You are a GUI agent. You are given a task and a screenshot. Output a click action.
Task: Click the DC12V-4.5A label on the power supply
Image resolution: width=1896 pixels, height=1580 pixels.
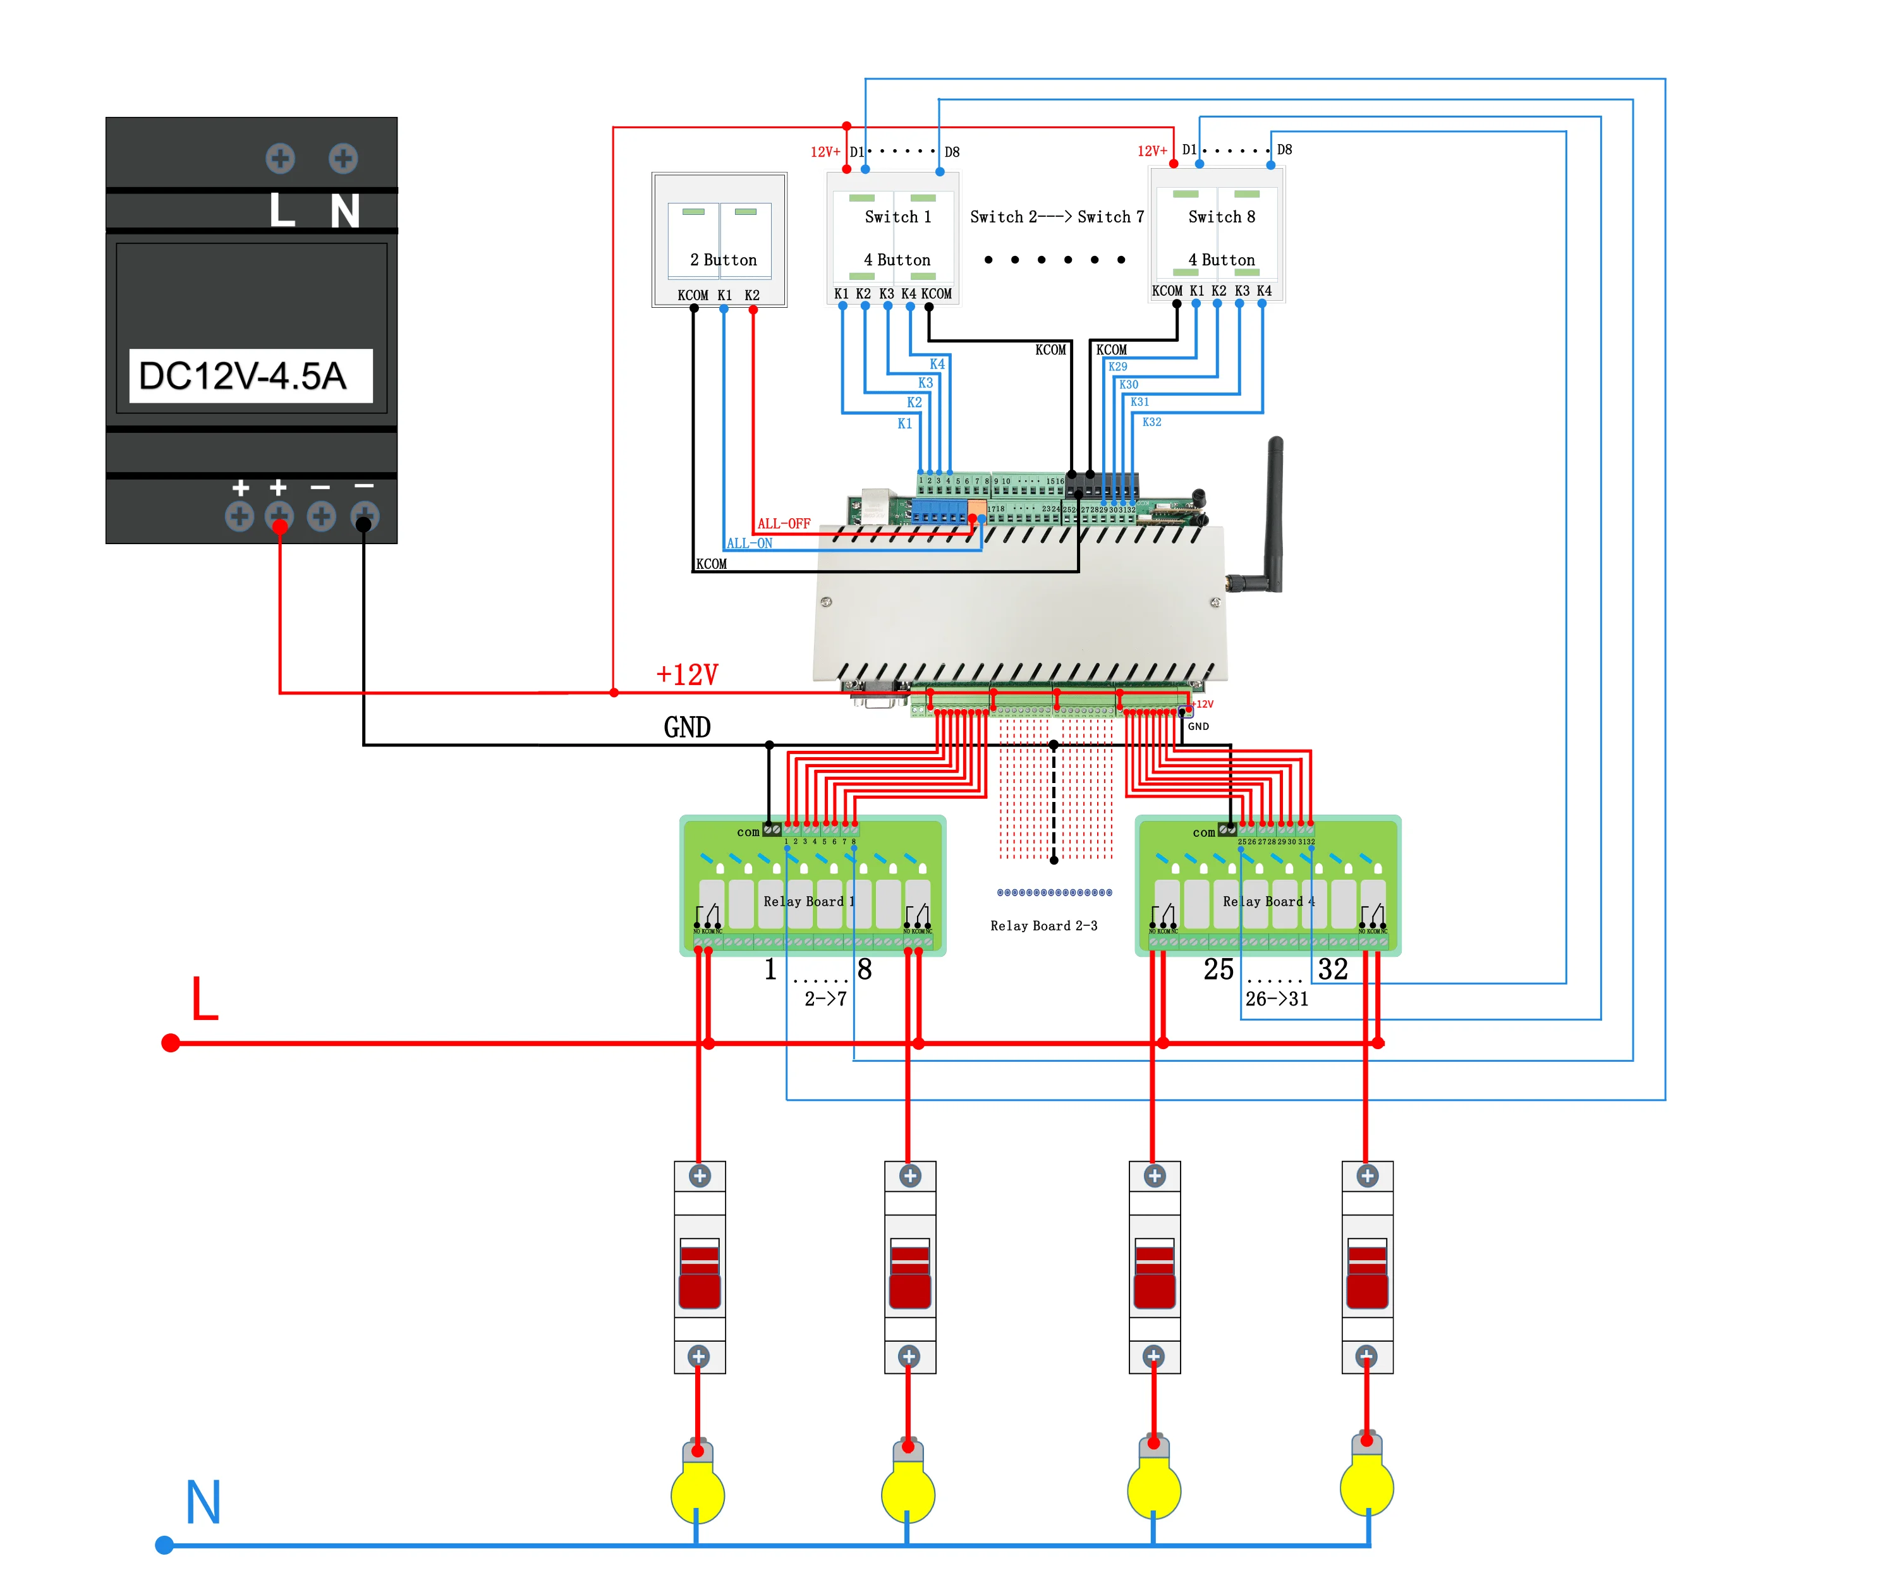click(244, 375)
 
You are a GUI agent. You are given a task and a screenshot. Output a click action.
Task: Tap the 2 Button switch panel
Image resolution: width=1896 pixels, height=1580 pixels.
click(720, 240)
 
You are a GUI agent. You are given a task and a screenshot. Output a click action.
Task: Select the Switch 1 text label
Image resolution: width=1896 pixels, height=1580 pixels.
click(897, 217)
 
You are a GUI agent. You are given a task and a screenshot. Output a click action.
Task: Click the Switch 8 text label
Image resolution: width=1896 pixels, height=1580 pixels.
click(1222, 217)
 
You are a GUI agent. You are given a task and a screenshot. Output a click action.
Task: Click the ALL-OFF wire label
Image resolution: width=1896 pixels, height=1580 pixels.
click(784, 524)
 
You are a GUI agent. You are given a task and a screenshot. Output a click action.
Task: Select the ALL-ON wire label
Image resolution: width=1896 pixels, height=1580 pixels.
click(750, 544)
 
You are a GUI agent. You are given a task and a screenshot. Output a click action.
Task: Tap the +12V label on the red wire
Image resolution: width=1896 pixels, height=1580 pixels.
click(687, 674)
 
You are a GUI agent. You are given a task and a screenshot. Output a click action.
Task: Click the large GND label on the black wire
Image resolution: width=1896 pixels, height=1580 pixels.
click(687, 727)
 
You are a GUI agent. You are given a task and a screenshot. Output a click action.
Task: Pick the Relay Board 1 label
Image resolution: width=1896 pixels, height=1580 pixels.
click(809, 901)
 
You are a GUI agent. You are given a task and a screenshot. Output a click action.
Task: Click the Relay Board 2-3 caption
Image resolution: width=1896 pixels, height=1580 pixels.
click(1043, 925)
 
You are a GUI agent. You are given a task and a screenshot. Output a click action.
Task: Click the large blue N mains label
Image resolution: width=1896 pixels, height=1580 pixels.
click(203, 1504)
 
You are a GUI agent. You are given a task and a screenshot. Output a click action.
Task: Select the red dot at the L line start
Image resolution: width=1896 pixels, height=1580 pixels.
click(170, 1043)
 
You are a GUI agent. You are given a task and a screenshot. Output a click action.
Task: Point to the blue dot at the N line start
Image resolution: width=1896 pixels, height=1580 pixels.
click(164, 1546)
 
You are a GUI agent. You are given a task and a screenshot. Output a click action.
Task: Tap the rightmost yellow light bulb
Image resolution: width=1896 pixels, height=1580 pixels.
click(1367, 1488)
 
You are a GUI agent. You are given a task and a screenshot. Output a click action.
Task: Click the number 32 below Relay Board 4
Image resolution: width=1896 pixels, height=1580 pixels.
click(1333, 969)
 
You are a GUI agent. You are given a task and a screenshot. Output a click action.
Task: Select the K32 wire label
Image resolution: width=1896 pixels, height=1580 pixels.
click(1152, 422)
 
